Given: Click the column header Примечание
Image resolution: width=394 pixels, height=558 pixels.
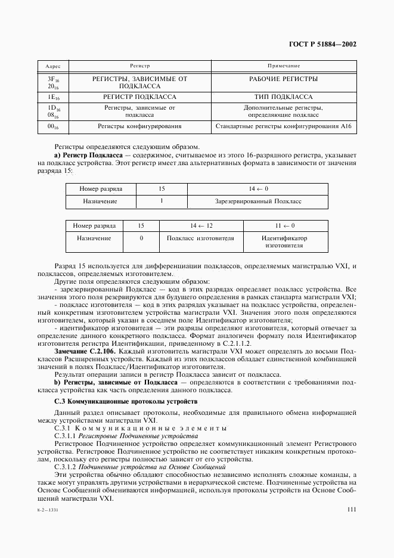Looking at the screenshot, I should (283, 65).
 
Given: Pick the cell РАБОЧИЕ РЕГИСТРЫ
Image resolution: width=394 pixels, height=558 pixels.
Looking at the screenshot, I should (283, 79).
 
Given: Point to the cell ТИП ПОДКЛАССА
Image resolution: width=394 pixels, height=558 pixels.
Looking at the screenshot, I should (283, 96).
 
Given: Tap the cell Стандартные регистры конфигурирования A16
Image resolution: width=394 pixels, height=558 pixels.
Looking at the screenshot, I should (283, 126).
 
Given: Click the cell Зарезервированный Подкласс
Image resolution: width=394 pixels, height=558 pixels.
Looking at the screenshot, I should (258, 201).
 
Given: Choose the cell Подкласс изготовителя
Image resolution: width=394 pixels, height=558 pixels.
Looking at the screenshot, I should (200, 238).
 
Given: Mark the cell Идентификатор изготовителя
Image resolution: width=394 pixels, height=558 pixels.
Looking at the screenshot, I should (284, 241).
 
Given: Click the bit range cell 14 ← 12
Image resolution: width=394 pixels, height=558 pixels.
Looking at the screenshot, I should (201, 226).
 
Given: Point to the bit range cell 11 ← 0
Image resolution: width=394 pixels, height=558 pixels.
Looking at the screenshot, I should (284, 226).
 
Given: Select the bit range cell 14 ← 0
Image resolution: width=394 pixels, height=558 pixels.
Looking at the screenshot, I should (258, 189).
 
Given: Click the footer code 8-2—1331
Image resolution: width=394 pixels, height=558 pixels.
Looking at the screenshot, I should (49, 511).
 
